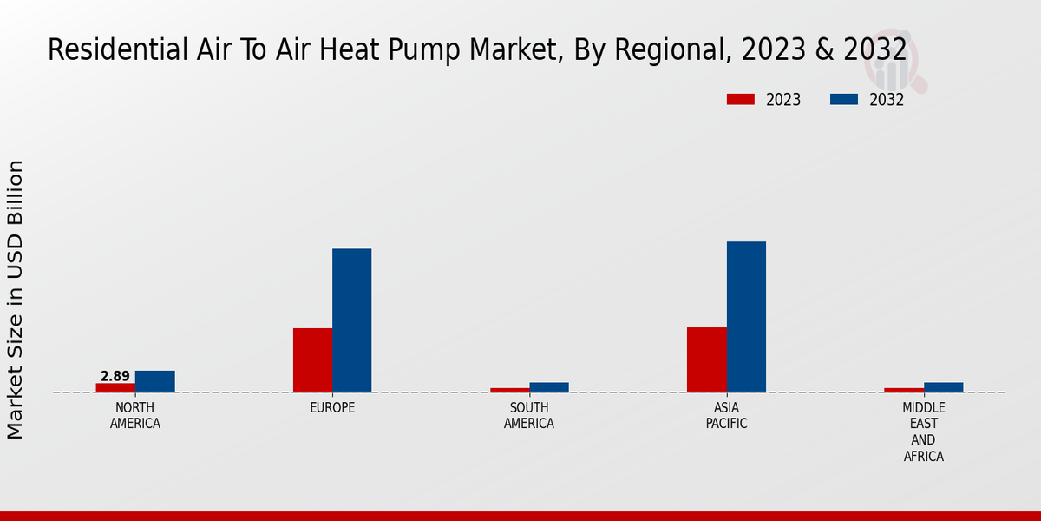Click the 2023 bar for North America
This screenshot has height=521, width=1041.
[115, 387]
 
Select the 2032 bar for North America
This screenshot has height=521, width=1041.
[154, 381]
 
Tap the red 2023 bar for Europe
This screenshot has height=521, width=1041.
[312, 359]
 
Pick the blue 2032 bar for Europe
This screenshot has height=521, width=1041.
[351, 320]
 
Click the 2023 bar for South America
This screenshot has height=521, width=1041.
[509, 390]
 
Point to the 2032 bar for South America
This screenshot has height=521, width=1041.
[549, 387]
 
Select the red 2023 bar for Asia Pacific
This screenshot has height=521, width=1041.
[706, 359]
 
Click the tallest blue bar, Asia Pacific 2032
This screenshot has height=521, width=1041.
[746, 317]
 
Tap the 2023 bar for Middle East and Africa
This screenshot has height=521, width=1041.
[904, 390]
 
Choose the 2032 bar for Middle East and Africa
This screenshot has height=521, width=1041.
[943, 387]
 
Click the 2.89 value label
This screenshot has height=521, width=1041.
[115, 376]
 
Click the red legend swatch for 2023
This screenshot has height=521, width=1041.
[740, 99]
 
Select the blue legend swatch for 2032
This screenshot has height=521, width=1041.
[843, 99]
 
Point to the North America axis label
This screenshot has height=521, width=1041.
[134, 416]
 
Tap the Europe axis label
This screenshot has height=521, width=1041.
[332, 408]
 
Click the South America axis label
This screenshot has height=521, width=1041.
[529, 416]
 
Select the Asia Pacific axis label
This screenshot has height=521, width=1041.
[726, 416]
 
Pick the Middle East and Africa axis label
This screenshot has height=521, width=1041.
[923, 432]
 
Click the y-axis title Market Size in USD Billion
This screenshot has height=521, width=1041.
[16, 300]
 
